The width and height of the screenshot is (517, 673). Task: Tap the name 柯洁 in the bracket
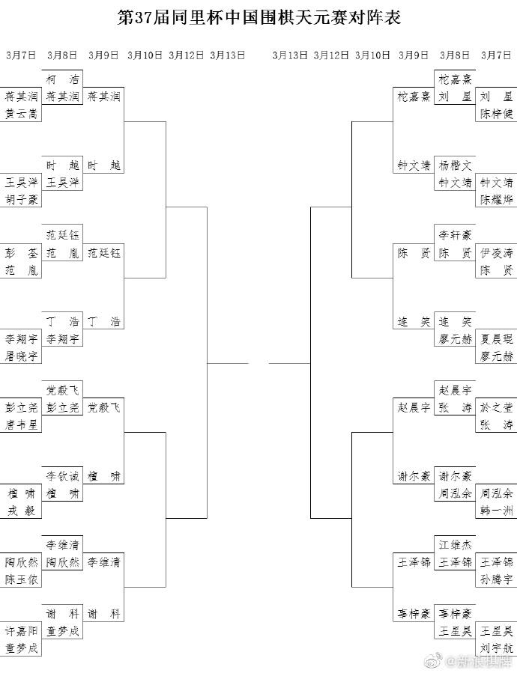[62, 79]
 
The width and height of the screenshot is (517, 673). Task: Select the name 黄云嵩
[21, 114]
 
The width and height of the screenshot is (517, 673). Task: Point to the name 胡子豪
[21, 199]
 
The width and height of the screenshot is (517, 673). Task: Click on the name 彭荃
[21, 252]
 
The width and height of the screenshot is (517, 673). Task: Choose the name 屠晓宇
[21, 356]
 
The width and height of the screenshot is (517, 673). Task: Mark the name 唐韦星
[21, 425]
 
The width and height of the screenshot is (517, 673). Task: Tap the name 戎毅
[21, 511]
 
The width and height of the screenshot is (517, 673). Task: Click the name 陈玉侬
[21, 580]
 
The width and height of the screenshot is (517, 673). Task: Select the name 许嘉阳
[21, 631]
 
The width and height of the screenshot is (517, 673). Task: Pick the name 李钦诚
[62, 476]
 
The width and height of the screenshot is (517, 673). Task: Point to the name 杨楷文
[455, 165]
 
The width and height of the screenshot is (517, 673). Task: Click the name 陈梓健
[496, 114]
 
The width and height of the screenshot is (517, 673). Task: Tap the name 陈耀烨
[496, 199]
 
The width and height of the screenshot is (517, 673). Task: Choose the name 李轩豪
[455, 234]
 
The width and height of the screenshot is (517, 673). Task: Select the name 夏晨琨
[496, 338]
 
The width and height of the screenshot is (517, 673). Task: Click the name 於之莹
[496, 407]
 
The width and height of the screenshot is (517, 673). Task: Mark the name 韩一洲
[496, 511]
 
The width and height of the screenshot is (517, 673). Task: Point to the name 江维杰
[455, 545]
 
